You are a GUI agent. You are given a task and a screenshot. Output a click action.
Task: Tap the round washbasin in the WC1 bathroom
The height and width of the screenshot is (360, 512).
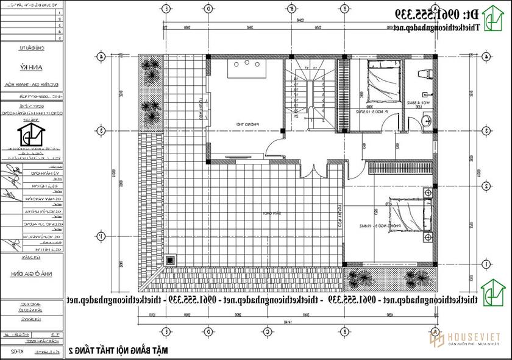point(425,119)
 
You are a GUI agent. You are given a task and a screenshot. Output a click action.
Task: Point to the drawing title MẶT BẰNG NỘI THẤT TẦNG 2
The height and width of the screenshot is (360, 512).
point(116,350)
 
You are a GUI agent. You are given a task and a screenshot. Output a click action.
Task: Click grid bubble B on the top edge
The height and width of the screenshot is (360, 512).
point(291,9)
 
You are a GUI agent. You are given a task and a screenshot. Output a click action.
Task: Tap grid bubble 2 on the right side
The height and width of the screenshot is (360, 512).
point(486,186)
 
